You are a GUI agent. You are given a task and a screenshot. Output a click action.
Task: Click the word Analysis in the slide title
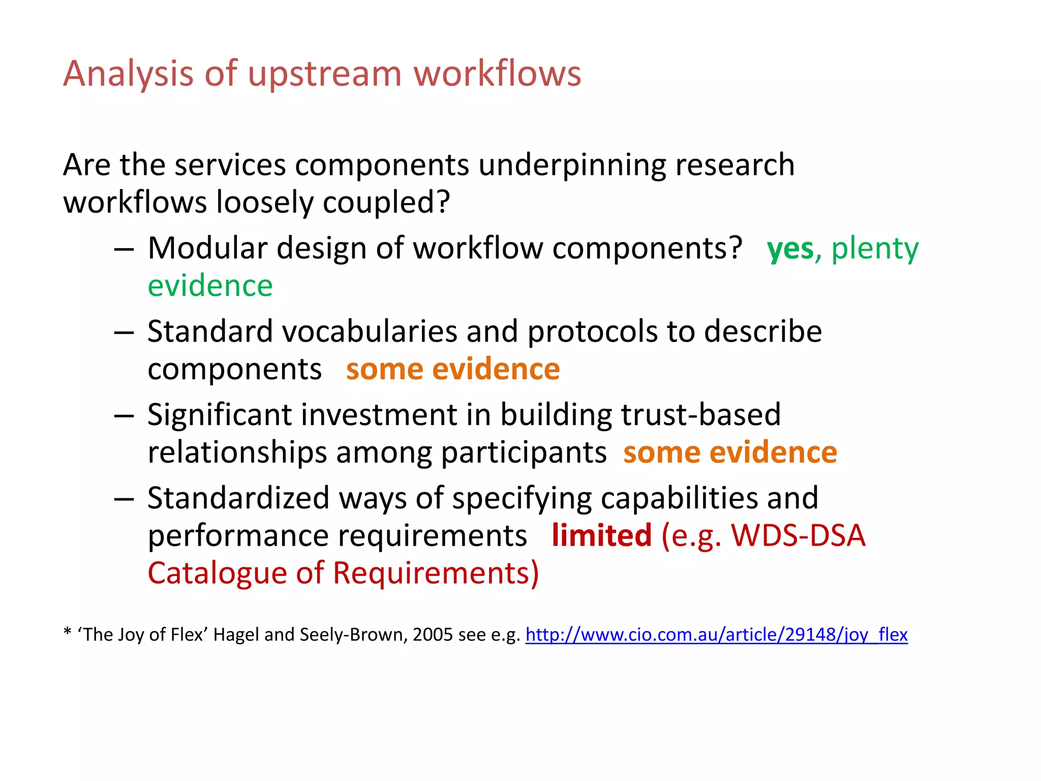click(x=128, y=74)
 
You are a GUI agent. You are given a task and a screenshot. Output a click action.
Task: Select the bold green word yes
click(x=790, y=249)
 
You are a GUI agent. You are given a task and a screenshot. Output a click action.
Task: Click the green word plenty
click(x=875, y=249)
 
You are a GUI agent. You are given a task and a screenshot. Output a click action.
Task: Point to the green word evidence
click(x=210, y=286)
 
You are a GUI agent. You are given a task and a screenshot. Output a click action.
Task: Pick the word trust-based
click(x=700, y=415)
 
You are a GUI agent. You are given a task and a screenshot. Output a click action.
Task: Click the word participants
click(x=523, y=453)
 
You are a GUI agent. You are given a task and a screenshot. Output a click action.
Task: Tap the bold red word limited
click(x=601, y=535)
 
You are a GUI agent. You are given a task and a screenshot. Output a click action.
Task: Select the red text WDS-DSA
click(x=798, y=535)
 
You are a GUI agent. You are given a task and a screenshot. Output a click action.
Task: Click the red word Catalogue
click(x=217, y=573)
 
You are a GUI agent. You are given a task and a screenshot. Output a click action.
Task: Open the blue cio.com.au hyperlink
click(x=716, y=635)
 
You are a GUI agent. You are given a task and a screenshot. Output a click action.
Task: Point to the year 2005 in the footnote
click(x=432, y=635)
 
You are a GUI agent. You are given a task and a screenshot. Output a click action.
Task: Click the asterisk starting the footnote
click(x=67, y=632)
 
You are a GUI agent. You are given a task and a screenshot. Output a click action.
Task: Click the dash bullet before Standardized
click(x=124, y=499)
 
